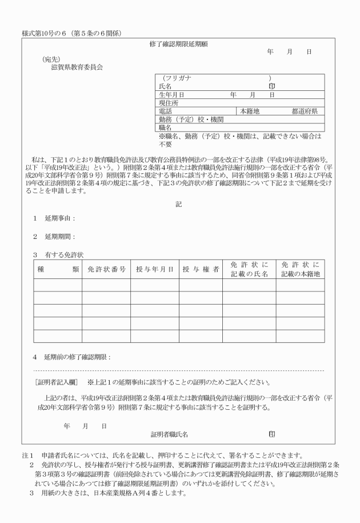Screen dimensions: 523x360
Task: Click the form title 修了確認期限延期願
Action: (180, 43)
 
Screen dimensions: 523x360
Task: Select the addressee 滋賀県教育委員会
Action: (76, 67)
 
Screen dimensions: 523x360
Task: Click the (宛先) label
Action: (51, 59)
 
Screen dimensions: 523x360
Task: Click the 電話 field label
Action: (165, 111)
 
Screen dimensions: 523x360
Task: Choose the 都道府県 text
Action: (308, 111)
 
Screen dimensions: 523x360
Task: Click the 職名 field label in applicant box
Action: (165, 128)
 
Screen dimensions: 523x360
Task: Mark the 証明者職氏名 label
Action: (170, 434)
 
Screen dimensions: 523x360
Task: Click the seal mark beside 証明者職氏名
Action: (272, 434)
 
